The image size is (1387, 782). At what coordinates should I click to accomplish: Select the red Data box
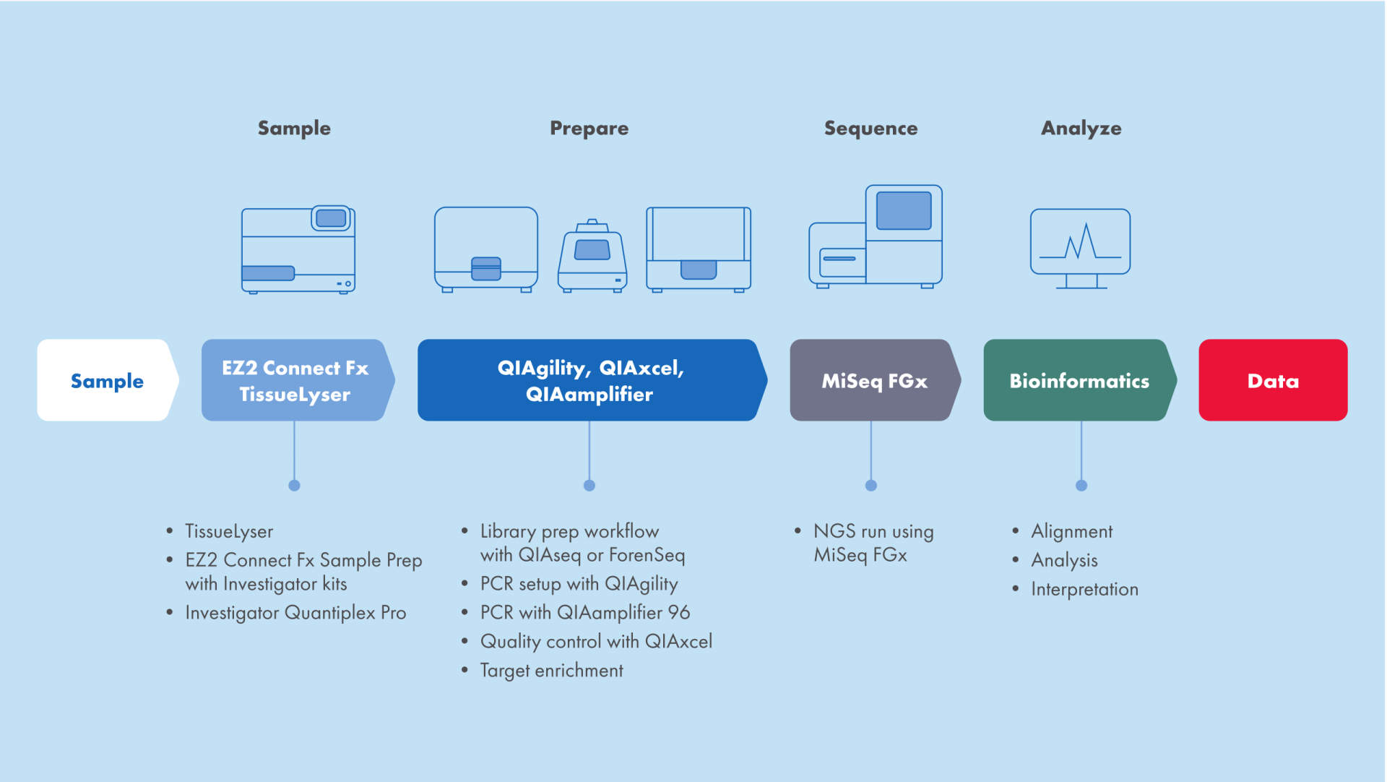click(x=1272, y=380)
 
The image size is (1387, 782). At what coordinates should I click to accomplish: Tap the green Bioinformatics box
click(x=1079, y=380)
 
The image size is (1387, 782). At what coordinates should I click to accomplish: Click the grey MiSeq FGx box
click(x=873, y=380)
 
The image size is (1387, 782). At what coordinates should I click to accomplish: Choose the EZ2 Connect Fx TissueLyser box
click(x=295, y=380)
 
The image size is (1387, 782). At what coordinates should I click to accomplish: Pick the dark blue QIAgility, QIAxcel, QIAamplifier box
click(x=589, y=380)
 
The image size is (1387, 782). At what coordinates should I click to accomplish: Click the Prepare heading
click(x=589, y=128)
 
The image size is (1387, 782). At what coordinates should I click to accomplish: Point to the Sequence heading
click(x=870, y=128)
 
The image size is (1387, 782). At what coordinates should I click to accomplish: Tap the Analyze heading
click(x=1081, y=128)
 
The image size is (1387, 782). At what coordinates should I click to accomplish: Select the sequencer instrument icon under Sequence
click(x=876, y=237)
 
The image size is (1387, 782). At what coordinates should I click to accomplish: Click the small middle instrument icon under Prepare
click(x=592, y=257)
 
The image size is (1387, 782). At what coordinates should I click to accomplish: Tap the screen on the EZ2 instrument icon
click(x=331, y=218)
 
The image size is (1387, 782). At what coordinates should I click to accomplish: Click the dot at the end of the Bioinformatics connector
click(x=1081, y=486)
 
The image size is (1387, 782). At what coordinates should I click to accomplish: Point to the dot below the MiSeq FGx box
click(x=870, y=486)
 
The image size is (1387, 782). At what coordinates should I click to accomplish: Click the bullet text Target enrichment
click(x=551, y=670)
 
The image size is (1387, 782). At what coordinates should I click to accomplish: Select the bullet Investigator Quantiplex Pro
click(x=295, y=612)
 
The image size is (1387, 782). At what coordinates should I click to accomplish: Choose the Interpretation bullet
click(x=1084, y=589)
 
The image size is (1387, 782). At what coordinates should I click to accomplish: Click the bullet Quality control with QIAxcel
click(x=596, y=641)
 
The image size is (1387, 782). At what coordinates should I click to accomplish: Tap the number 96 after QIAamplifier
click(x=678, y=612)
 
